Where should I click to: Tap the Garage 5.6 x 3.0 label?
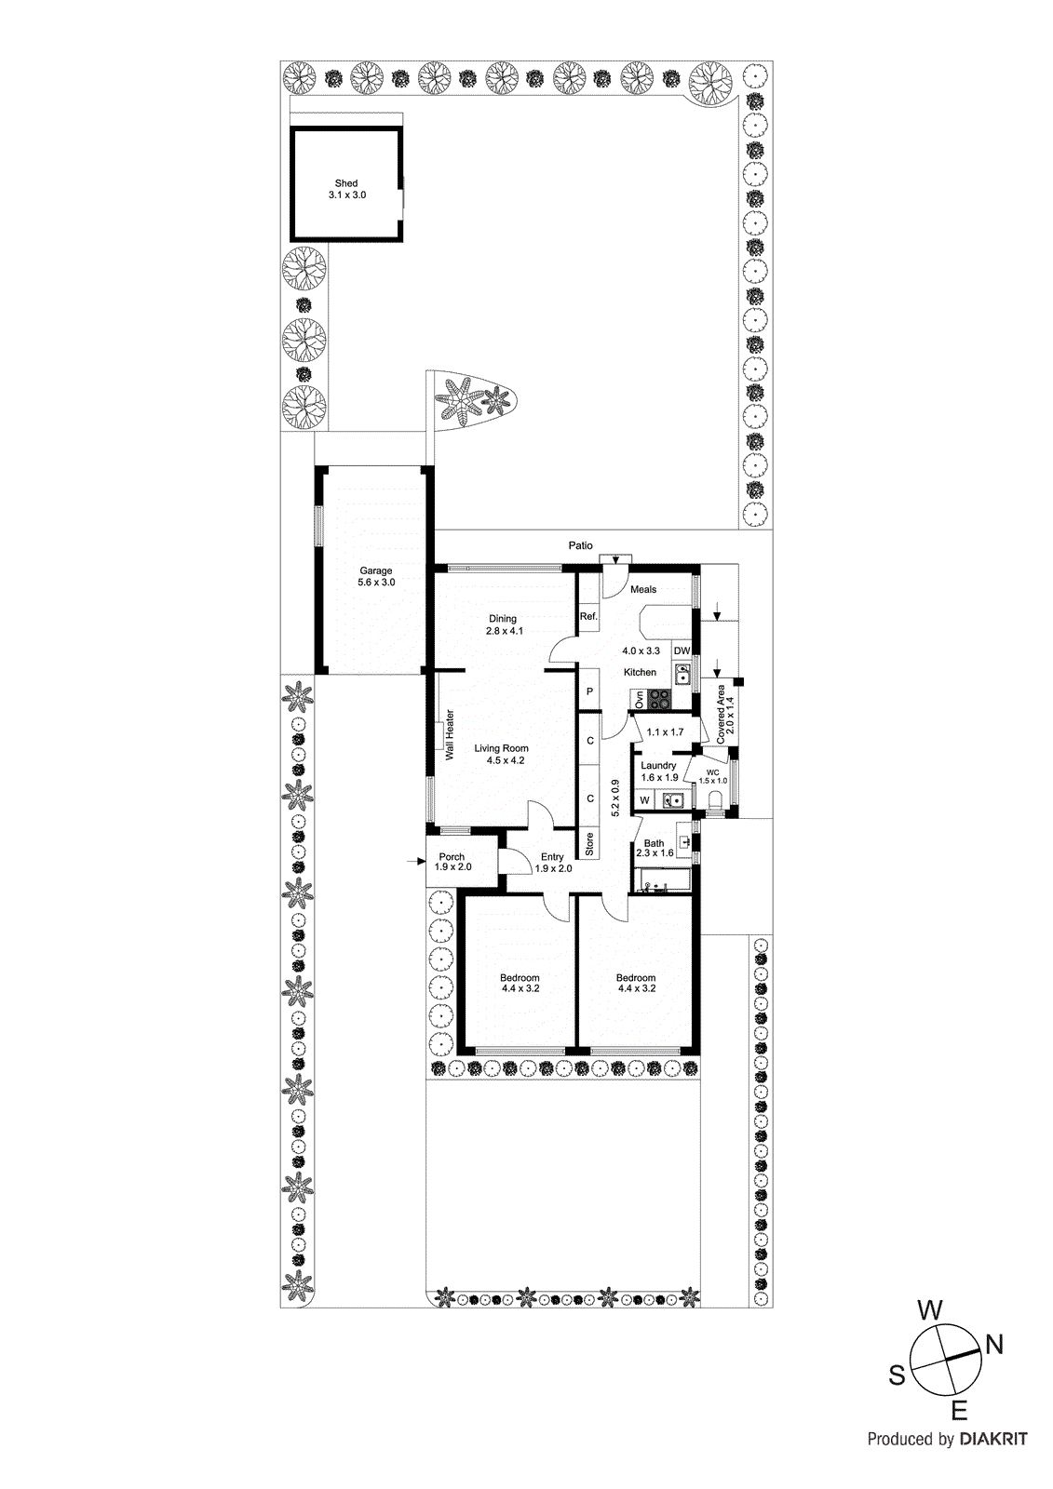point(376,576)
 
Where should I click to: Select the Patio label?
point(581,545)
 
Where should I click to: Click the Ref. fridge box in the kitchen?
point(588,616)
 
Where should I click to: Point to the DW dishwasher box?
point(682,651)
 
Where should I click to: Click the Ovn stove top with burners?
point(659,700)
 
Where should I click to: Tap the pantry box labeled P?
point(589,691)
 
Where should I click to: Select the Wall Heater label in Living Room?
point(450,735)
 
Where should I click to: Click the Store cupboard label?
point(589,844)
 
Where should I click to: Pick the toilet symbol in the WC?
point(716,801)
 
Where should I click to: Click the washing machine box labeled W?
point(644,799)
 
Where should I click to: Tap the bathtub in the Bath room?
point(663,880)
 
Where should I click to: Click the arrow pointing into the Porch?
point(415,862)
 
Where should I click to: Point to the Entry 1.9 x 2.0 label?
point(553,863)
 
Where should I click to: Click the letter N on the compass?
point(994,1344)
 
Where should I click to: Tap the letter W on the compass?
point(930,1311)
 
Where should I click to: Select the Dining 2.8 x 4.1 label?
point(504,624)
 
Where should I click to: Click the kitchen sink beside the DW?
point(682,674)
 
